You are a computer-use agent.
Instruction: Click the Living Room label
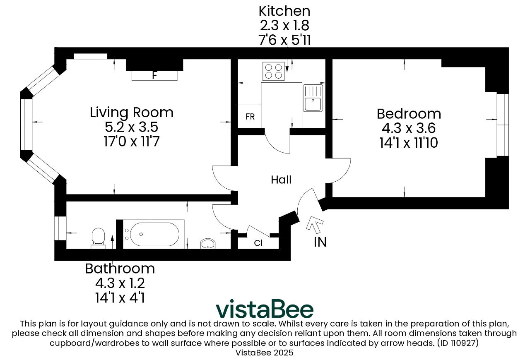tap(132, 113)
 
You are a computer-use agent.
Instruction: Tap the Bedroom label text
tap(409, 114)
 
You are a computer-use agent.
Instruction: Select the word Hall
tap(281, 180)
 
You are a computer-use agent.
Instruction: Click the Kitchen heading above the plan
tap(284, 11)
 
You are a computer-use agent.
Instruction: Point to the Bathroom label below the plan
tap(120, 269)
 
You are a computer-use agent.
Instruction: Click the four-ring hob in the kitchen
tap(274, 71)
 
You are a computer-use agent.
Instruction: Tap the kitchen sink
tap(313, 98)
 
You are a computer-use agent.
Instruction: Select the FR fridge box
tap(250, 116)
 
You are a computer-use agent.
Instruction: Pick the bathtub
tap(154, 234)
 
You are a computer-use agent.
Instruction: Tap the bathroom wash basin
tap(208, 244)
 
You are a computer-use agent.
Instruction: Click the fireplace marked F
tap(154, 76)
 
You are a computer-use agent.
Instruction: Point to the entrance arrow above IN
tap(314, 223)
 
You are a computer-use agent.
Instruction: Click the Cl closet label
tap(258, 243)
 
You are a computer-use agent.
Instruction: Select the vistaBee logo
tap(265, 309)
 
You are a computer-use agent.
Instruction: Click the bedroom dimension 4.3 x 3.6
tap(409, 128)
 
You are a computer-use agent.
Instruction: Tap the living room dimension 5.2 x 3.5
tap(131, 127)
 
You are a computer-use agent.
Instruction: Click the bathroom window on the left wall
tap(60, 228)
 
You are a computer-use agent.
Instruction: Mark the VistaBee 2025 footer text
tap(264, 353)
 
